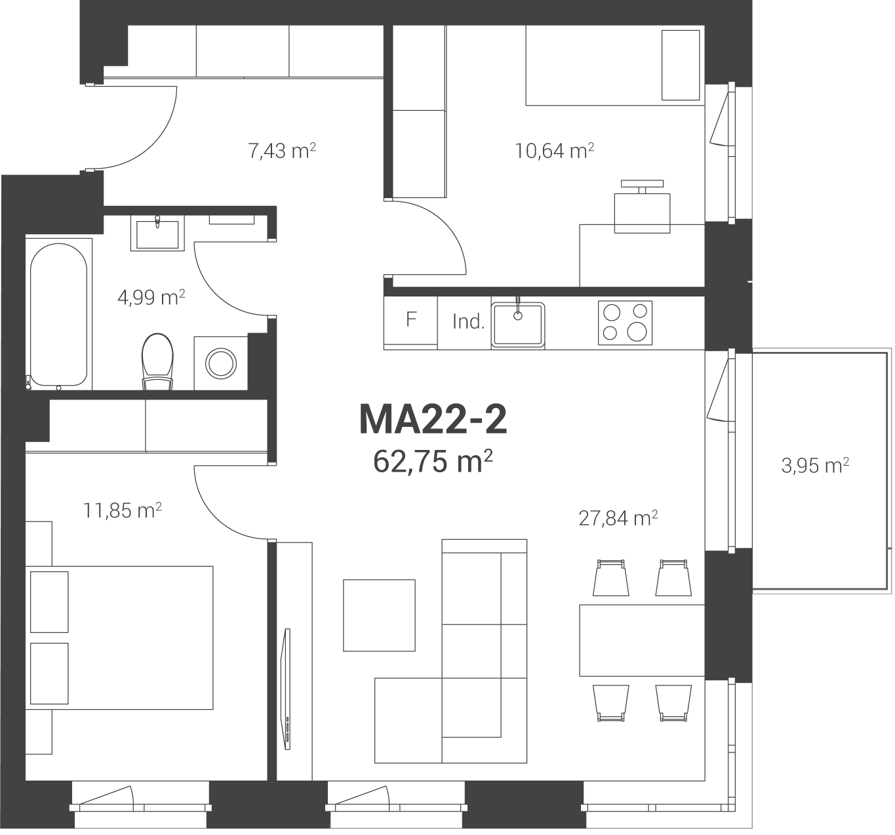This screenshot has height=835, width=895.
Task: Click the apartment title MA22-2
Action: [433, 419]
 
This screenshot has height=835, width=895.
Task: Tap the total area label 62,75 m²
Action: [433, 462]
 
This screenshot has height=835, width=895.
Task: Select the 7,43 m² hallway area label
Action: [282, 151]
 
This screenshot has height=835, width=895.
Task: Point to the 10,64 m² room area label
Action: [554, 151]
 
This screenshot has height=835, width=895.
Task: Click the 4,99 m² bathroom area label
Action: [151, 297]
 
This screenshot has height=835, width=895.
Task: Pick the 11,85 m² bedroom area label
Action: [122, 510]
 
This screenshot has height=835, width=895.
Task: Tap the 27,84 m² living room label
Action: [618, 518]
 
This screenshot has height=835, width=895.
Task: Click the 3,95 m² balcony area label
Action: [815, 465]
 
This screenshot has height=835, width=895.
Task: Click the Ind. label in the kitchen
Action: [468, 322]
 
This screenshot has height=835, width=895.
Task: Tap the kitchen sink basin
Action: [518, 325]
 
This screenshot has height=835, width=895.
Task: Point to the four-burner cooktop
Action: [625, 323]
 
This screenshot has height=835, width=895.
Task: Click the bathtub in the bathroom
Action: [58, 314]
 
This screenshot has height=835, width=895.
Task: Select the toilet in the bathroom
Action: [157, 361]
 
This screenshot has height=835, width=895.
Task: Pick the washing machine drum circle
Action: [221, 363]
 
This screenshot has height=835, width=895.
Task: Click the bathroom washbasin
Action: [157, 233]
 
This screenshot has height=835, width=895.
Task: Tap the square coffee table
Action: [379, 615]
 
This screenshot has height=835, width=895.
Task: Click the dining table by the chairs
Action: [642, 641]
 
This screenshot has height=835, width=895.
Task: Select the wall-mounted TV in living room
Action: [286, 689]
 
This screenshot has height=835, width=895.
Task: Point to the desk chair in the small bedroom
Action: [642, 207]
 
